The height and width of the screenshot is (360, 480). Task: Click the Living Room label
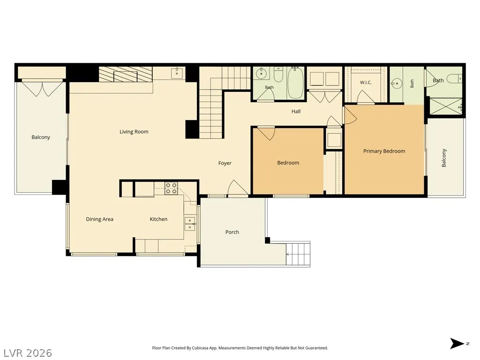pyautogui.click(x=134, y=132)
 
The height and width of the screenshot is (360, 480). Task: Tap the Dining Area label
pyautogui.click(x=99, y=219)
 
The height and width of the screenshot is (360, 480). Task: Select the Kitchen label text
pyautogui.click(x=158, y=219)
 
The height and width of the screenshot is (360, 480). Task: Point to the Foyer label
pyautogui.click(x=225, y=163)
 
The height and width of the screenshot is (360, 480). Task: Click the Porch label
pyautogui.click(x=232, y=232)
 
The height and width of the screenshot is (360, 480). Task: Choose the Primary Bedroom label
pyautogui.click(x=384, y=151)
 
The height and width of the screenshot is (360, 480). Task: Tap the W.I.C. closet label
pyautogui.click(x=366, y=82)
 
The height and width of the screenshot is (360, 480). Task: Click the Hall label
pyautogui.click(x=296, y=112)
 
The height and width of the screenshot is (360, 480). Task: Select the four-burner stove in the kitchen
pyautogui.click(x=171, y=188)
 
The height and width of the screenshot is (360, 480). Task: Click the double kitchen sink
pyautogui.click(x=190, y=224)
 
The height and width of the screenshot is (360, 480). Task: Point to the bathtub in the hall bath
pyautogui.click(x=295, y=83)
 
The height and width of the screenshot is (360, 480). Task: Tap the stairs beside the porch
pyautogui.click(x=298, y=254)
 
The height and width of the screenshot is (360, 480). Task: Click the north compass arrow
pyautogui.click(x=457, y=344)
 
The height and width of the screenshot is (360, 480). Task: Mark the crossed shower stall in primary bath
pyautogui.click(x=446, y=106)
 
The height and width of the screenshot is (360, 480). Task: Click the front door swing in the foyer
pyautogui.click(x=237, y=187)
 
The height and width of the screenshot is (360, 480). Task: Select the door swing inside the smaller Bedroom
pyautogui.click(x=266, y=134)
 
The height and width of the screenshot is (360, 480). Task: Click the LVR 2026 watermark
pyautogui.click(x=26, y=353)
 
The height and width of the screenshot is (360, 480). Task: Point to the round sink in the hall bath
pyautogui.click(x=261, y=74)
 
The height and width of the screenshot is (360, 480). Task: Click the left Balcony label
pyautogui.click(x=41, y=137)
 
